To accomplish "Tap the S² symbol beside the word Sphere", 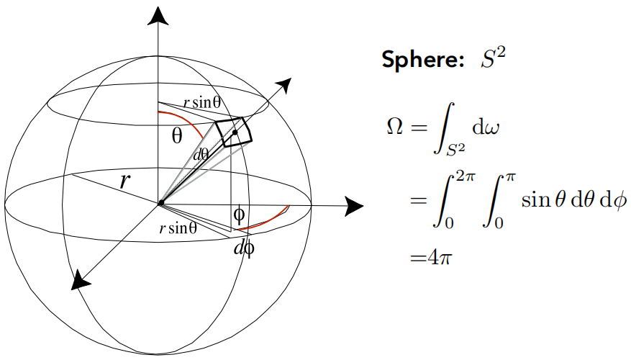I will click(x=493, y=58).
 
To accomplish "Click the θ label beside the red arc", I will click(x=177, y=135).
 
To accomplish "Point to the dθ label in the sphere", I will click(x=201, y=153).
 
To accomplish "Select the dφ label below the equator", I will click(x=245, y=250).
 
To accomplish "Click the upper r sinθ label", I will click(x=201, y=103).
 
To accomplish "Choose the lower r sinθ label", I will click(x=178, y=228).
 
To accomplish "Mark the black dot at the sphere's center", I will click(x=160, y=204).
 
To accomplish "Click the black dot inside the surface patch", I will click(x=235, y=133).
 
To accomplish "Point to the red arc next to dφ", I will click(x=266, y=222).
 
